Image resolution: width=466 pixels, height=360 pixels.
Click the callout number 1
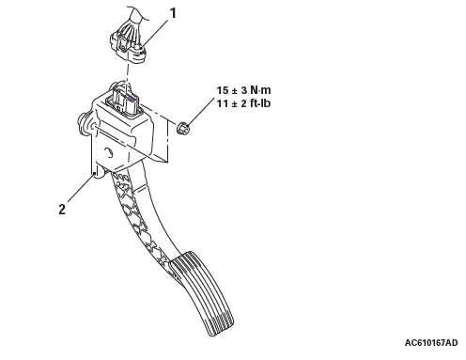tap(173, 13)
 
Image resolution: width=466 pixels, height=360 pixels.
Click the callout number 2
tap(62, 209)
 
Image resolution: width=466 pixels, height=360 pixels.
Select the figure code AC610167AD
tap(431, 343)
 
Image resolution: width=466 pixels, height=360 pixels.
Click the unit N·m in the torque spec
tap(260, 90)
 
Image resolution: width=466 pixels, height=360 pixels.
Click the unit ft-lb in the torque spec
tap(260, 103)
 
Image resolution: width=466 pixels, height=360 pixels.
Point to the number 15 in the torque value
tap(223, 90)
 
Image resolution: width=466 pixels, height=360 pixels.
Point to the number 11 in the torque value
tap(223, 103)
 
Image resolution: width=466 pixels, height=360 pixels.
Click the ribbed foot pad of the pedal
tap(203, 292)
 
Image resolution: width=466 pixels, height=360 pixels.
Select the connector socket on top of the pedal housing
tap(124, 100)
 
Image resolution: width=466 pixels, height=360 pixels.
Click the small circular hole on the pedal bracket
tap(109, 152)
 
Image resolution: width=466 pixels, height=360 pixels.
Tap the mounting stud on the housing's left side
tap(84, 124)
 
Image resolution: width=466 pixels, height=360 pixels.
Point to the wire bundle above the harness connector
tap(134, 21)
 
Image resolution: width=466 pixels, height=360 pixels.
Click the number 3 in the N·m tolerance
tap(244, 90)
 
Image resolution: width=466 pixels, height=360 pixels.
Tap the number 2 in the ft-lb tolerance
tap(244, 103)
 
